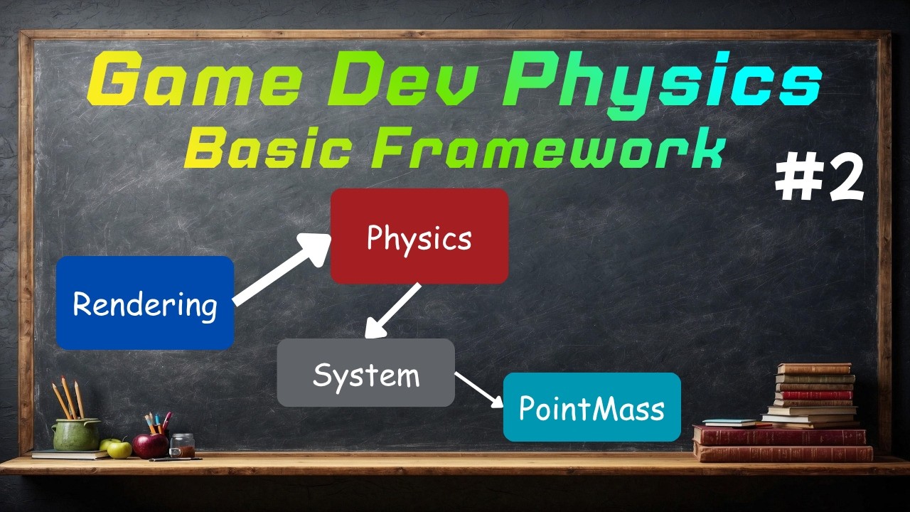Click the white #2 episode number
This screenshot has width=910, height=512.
(819, 179)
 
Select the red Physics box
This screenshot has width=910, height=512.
(419, 237)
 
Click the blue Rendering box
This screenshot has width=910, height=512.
(145, 304)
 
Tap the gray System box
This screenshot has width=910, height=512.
(365, 373)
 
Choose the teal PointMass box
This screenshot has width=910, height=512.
(591, 407)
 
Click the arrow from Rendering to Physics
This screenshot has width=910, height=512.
(281, 270)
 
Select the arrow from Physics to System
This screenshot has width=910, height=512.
(392, 311)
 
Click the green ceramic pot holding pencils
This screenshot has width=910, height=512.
(76, 434)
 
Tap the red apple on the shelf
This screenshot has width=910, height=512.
(151, 445)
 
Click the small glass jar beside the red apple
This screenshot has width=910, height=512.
(182, 445)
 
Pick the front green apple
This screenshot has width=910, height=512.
(119, 449)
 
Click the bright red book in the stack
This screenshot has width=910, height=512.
(815, 395)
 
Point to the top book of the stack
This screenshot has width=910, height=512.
(814, 368)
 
